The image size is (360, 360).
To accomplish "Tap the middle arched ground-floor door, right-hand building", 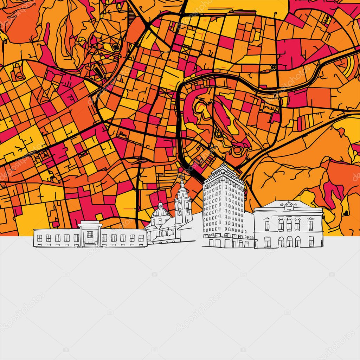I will (x=289, y=242).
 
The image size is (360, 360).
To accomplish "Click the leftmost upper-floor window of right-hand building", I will (x=267, y=225).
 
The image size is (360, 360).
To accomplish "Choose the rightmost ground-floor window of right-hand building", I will (x=311, y=241).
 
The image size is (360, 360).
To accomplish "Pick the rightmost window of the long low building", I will (x=141, y=238).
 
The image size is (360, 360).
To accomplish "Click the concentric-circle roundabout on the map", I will (x=116, y=46).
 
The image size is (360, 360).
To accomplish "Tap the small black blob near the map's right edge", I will (x=346, y=212).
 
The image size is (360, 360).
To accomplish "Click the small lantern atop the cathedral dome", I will (x=160, y=205).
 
